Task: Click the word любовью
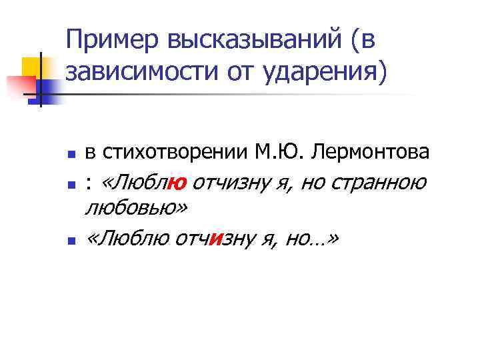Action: tap(134, 208)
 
